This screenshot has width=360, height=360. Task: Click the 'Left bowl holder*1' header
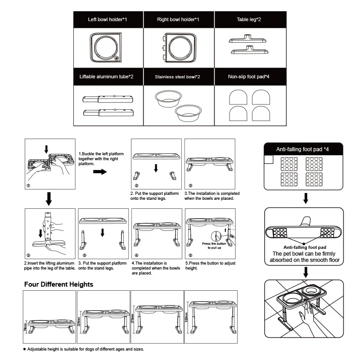(x=108, y=20)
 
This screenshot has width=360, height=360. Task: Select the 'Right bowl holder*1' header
(x=178, y=20)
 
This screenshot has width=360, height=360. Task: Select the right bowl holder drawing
(x=179, y=48)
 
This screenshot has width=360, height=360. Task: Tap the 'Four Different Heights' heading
(x=58, y=284)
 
